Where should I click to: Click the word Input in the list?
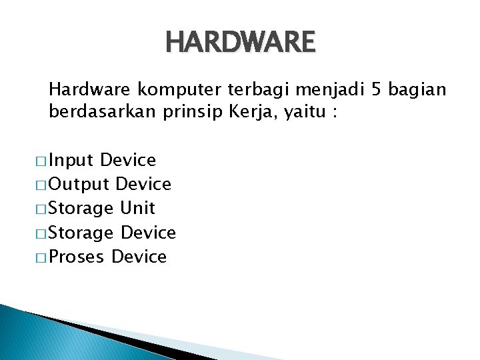[71, 161]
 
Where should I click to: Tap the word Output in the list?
[79, 185]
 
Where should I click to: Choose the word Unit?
[137, 209]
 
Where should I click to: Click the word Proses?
[77, 257]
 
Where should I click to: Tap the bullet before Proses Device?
[41, 258]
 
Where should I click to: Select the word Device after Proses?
[139, 257]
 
